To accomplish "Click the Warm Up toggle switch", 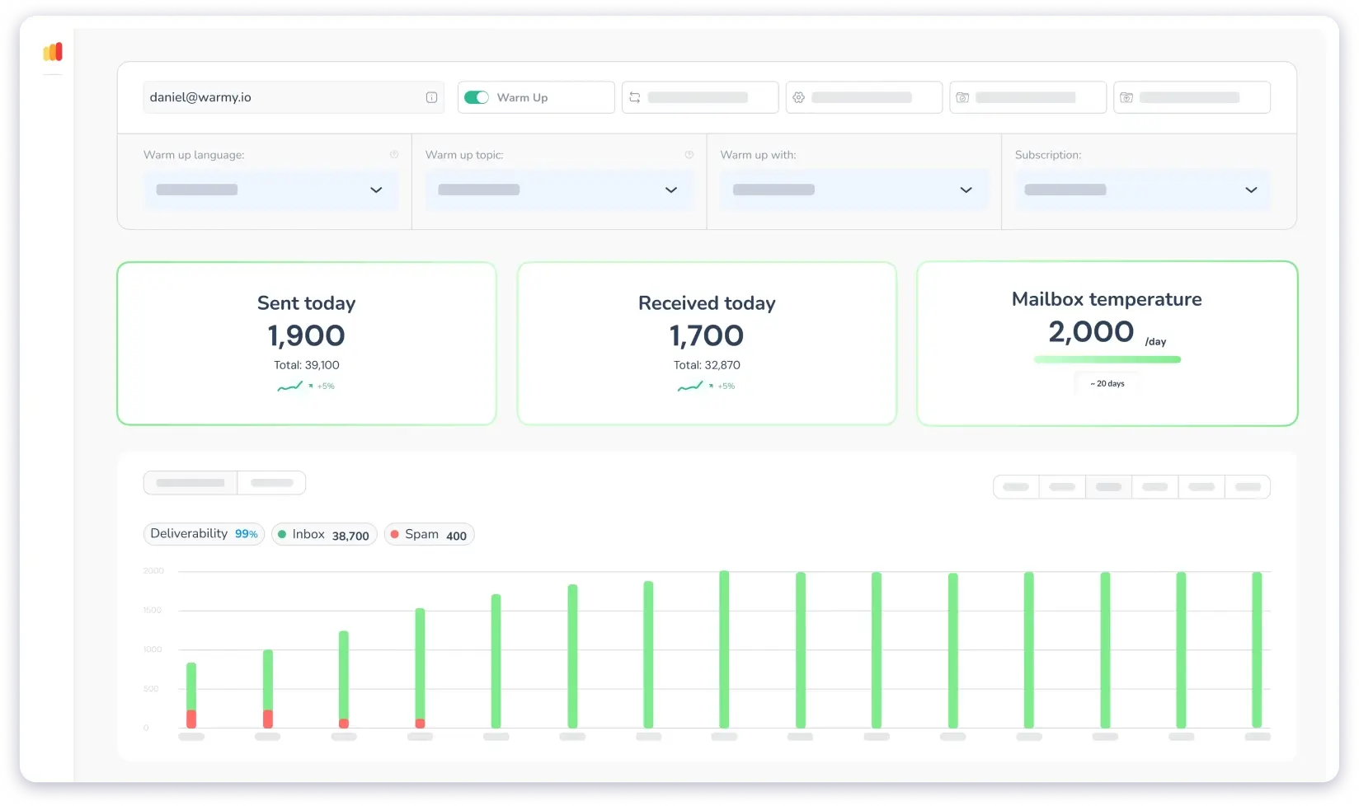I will [477, 97].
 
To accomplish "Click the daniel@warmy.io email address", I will [200, 97].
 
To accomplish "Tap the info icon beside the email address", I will [431, 97].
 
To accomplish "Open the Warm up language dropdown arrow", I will [376, 190].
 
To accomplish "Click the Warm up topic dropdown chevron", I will [671, 190].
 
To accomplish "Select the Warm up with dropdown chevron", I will [966, 190].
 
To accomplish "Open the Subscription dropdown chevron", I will [1251, 190].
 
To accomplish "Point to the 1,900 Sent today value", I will [306, 335].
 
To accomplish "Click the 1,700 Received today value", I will [707, 335].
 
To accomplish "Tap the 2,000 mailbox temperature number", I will [1091, 332].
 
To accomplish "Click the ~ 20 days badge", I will [1107, 383].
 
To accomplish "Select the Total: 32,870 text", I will [707, 365].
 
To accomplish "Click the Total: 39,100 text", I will [306, 365].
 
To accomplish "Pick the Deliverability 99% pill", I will [204, 534].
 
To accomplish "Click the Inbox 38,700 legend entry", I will [324, 535].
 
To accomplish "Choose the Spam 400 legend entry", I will [429, 535].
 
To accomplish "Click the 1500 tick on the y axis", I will [153, 610].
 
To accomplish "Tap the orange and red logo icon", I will [53, 52].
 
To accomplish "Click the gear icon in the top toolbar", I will [798, 97].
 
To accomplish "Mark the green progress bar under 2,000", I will [1107, 359].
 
